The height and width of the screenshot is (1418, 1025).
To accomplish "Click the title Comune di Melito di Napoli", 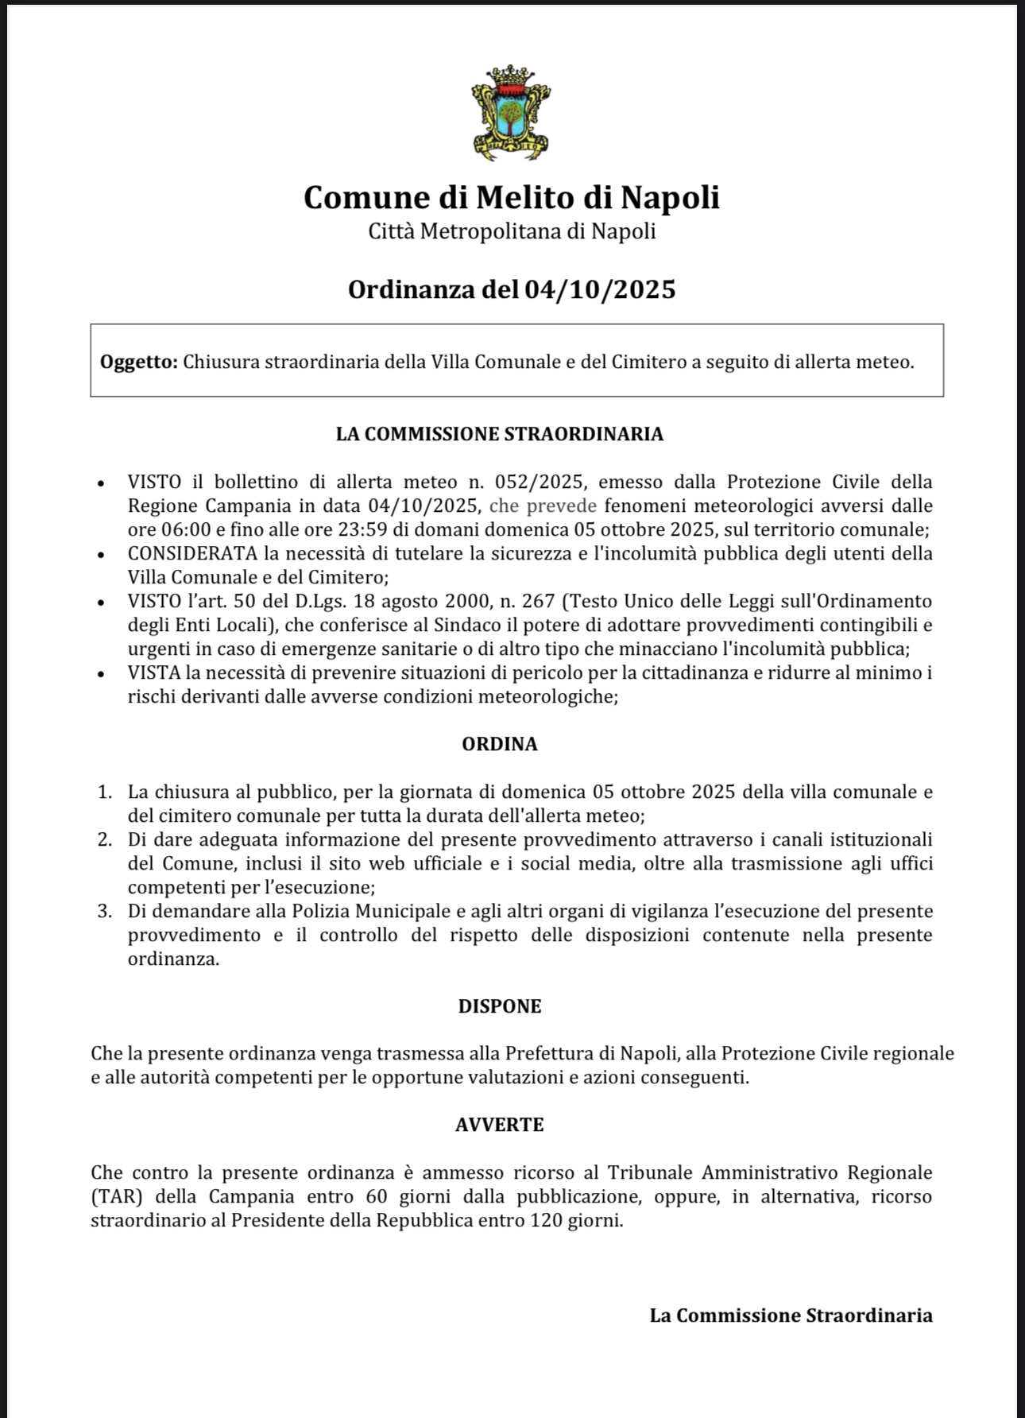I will click(511, 197).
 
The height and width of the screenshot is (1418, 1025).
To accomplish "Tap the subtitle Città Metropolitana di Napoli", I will click(511, 231).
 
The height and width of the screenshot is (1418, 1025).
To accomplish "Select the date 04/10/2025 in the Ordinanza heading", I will click(600, 289).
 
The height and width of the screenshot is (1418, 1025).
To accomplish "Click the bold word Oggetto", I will click(138, 362).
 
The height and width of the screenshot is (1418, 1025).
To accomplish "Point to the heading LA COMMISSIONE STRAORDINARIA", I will click(499, 434).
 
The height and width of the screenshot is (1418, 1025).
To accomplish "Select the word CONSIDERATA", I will click(192, 553).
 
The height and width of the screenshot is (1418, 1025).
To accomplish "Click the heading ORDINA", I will click(499, 744).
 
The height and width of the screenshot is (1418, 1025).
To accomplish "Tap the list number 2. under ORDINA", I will click(104, 839).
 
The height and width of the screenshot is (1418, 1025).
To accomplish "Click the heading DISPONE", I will click(499, 1006).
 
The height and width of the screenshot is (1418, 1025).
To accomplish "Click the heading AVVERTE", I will click(499, 1125).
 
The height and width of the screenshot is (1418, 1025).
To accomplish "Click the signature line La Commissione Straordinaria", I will click(791, 1315).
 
